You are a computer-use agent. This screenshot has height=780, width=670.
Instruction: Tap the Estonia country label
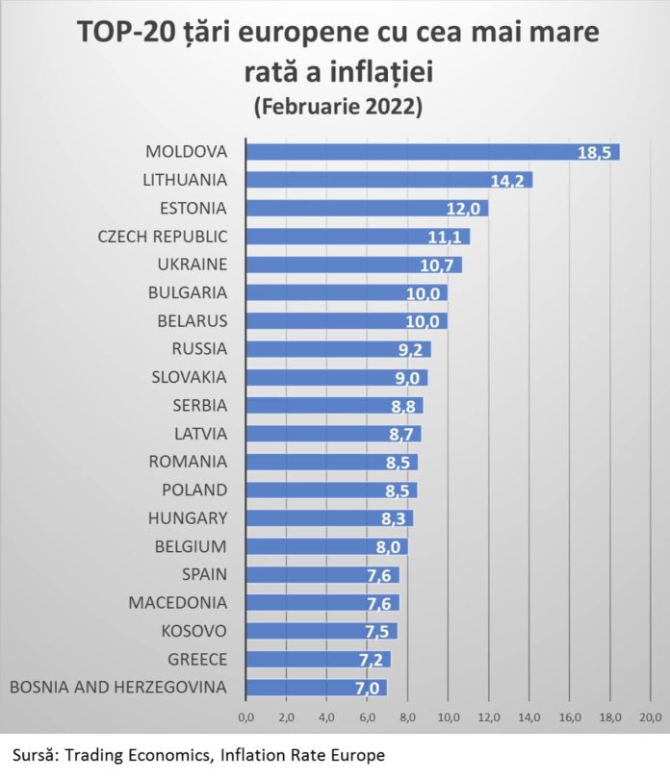[x=193, y=208]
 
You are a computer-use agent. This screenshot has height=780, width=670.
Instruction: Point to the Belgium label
[x=191, y=546]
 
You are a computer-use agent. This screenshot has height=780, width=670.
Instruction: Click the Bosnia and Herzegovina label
[x=117, y=688]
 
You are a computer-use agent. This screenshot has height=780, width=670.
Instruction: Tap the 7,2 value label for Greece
[x=373, y=660]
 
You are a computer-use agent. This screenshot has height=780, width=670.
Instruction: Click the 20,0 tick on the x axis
[x=650, y=717]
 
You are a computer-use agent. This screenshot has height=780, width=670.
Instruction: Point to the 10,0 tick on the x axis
[x=448, y=717]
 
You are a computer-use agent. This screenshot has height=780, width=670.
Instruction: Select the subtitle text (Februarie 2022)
[x=336, y=107]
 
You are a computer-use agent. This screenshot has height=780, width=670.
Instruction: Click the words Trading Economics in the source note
[x=131, y=755]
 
